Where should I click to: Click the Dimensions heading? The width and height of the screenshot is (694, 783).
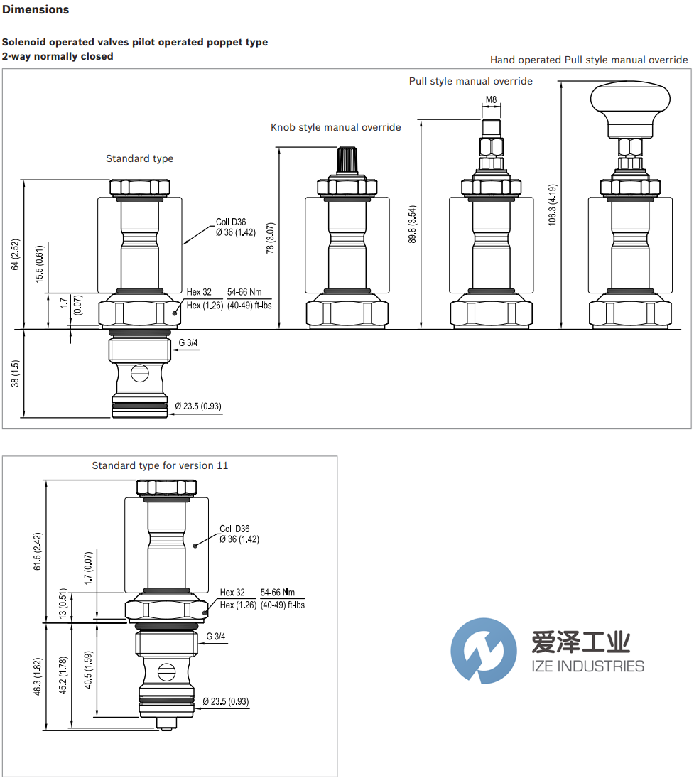(x=36, y=10)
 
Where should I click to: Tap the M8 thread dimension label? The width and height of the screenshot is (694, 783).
(x=491, y=100)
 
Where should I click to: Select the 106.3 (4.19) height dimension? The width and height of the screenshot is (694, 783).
(x=553, y=205)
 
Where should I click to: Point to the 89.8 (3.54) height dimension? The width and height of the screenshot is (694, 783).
(x=413, y=224)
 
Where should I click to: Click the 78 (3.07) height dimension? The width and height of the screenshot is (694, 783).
(x=270, y=238)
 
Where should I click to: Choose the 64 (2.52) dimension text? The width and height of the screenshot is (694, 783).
(x=16, y=254)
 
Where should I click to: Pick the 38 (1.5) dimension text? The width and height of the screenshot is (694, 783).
(x=16, y=373)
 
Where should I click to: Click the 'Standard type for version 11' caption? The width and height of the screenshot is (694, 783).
(x=160, y=465)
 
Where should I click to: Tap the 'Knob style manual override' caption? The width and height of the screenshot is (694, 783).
(x=335, y=127)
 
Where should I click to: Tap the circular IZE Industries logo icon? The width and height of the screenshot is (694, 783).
(x=484, y=651)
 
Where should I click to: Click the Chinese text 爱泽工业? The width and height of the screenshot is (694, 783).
(x=580, y=643)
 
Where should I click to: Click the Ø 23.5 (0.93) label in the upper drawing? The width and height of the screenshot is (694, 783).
(x=198, y=406)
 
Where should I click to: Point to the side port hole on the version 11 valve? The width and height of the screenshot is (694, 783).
(x=166, y=670)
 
